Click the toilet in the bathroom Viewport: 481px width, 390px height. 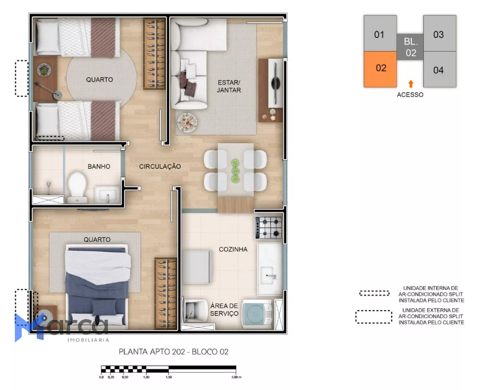tap(77, 187)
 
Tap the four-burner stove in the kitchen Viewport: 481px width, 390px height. tap(269, 227)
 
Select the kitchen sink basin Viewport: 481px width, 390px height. tap(268, 275)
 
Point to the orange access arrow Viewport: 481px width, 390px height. tap(411, 84)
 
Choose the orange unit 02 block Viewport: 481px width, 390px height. tap(380, 69)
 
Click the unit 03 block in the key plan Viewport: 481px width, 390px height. tap(440, 33)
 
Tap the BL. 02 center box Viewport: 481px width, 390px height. tap(410, 47)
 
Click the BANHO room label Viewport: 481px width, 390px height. tap(99, 166)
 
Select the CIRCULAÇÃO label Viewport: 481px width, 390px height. tap(160, 166)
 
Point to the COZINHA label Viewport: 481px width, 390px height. tap(233, 250)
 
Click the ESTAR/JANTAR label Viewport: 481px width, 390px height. tap(229, 87)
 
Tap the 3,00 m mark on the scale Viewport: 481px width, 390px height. tap(236, 377)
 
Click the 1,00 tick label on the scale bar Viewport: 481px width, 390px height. tap(146, 377)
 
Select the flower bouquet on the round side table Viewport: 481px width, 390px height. tap(187, 122)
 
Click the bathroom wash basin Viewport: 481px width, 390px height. tap(108, 194)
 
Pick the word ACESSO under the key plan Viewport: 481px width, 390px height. tap(410, 95)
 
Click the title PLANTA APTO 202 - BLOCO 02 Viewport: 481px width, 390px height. tap(174, 352)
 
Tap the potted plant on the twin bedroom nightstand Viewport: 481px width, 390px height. tap(44, 70)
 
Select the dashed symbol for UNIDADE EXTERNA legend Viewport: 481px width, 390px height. tap(374, 317)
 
